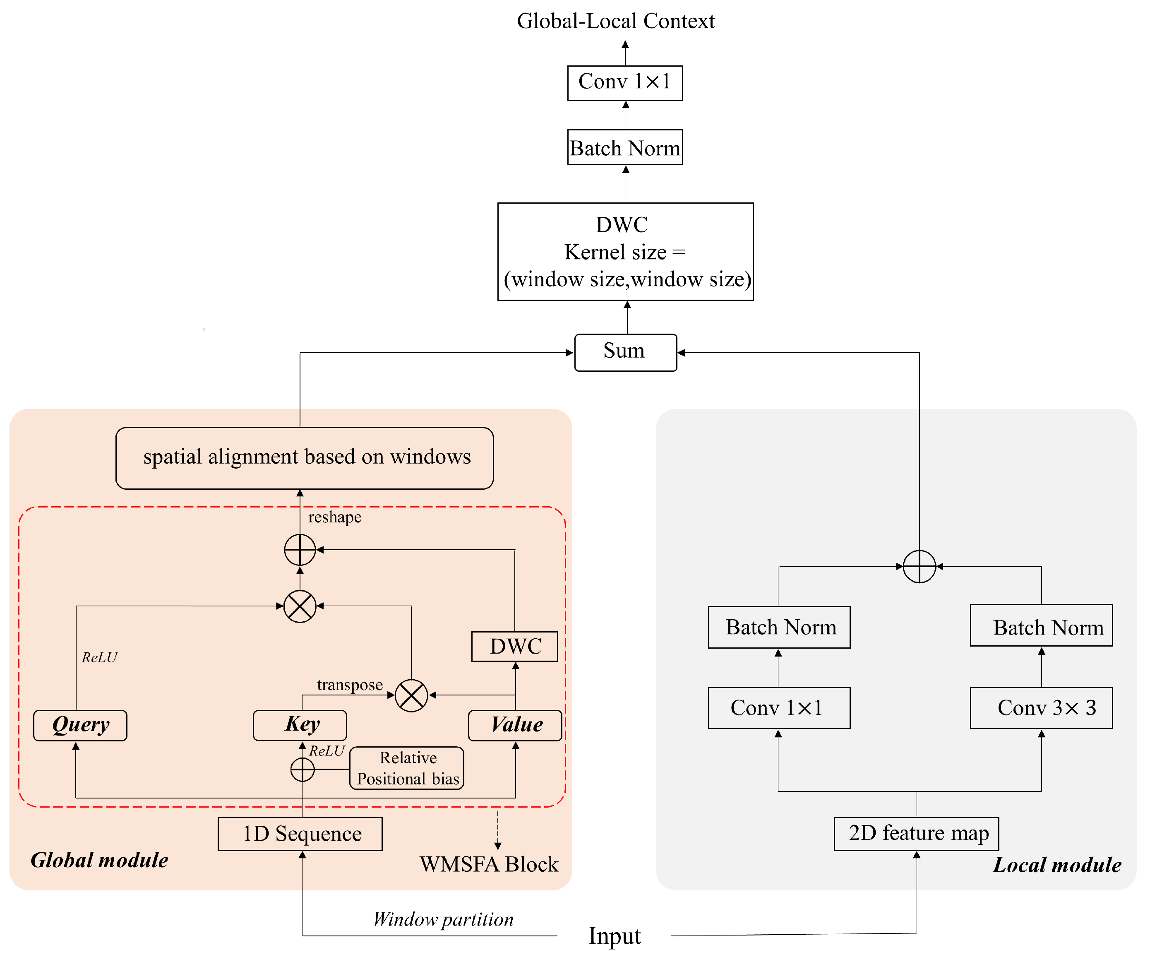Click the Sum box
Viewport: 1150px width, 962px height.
click(625, 352)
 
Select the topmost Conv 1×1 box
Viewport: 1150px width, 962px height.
click(625, 83)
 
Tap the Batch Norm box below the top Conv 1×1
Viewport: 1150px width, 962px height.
click(625, 147)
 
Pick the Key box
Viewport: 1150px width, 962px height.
click(300, 725)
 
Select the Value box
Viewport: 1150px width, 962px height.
click(515, 725)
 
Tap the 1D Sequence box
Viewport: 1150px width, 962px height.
click(300, 834)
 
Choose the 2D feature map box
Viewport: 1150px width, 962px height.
click(916, 833)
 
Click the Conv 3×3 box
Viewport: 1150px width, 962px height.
click(1041, 708)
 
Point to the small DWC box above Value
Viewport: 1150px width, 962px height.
click(514, 647)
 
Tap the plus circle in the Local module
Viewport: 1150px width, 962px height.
click(919, 566)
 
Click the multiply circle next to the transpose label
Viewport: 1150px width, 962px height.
click(411, 695)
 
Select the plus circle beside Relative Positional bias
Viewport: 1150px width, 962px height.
click(302, 770)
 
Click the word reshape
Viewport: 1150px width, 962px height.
click(335, 517)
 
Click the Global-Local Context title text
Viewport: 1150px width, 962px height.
click(615, 21)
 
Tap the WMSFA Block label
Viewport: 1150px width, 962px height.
click(488, 864)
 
